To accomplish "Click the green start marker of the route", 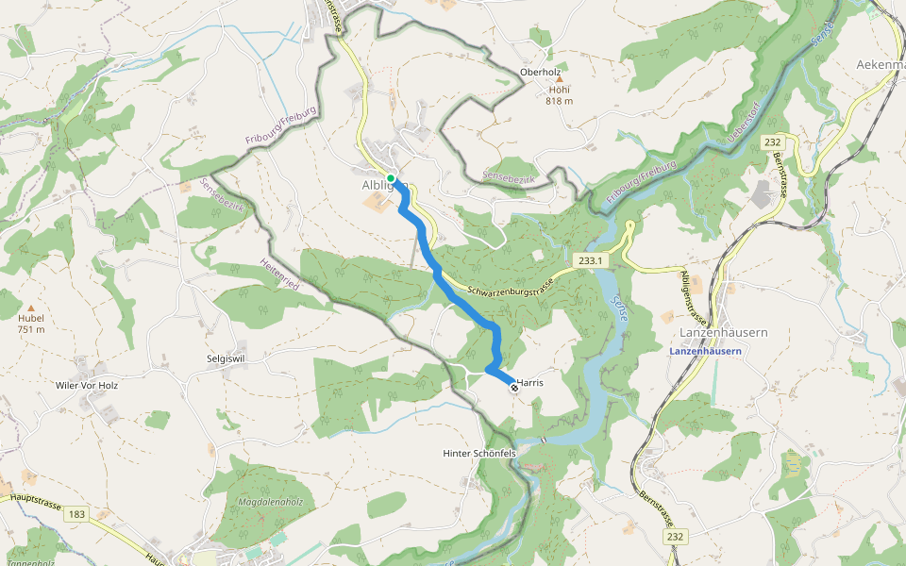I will pos(391,177).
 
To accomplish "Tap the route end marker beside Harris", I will pos(514,388).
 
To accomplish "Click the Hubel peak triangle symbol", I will pos(31,308).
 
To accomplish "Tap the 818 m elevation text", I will pos(559,101).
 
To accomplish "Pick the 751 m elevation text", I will pos(31,329).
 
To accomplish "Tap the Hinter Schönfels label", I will pos(479,454).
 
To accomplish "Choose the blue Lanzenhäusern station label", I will pos(705,351).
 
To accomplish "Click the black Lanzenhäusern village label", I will pos(723,333).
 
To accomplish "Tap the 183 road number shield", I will pos(76,514).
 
